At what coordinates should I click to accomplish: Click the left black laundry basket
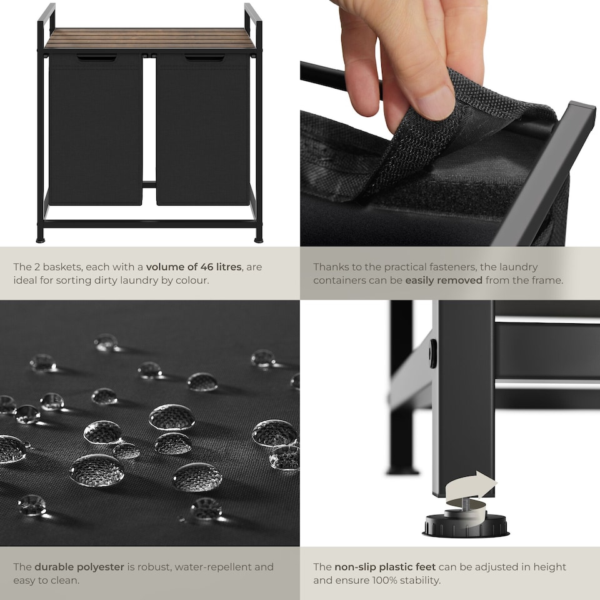[x=95, y=131]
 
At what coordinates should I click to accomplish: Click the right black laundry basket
[x=203, y=131]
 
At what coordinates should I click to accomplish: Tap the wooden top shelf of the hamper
[x=150, y=39]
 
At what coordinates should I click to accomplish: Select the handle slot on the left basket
[x=96, y=58]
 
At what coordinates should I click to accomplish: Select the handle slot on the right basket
[x=204, y=58]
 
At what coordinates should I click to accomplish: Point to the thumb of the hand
[x=431, y=94]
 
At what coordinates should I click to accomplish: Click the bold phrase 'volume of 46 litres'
[x=194, y=267]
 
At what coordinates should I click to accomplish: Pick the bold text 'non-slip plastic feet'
[x=384, y=567]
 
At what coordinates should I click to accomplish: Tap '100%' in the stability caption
[x=394, y=580]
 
